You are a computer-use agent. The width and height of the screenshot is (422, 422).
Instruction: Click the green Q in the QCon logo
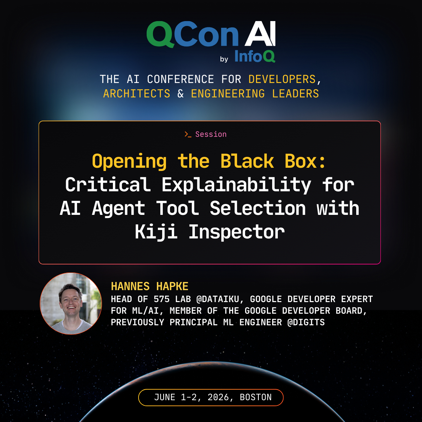[160, 34]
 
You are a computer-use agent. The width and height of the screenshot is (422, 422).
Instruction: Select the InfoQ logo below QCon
[255, 56]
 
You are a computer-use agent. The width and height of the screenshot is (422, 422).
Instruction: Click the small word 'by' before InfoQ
[224, 59]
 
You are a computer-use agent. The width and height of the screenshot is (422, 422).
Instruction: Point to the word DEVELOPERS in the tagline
[282, 79]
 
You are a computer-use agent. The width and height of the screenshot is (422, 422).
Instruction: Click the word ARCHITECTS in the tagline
[137, 94]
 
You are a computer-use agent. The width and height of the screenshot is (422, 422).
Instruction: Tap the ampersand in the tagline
[180, 94]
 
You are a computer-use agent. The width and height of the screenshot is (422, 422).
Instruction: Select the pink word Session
[211, 134]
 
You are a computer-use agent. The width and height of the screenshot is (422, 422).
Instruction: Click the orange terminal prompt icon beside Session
[188, 134]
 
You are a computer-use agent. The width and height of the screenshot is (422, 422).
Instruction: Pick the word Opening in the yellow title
[129, 162]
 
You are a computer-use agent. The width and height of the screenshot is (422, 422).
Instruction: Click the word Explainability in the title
[236, 185]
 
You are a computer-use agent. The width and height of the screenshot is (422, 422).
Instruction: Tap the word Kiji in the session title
[156, 232]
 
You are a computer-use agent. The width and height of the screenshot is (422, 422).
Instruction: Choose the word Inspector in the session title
[237, 232]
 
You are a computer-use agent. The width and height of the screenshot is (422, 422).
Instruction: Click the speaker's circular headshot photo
[71, 303]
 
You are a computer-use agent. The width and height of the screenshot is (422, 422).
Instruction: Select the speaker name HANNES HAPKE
[149, 286]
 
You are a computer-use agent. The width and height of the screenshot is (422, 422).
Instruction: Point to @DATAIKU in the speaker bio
[218, 299]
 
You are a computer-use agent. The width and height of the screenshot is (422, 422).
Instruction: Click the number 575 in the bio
[162, 299]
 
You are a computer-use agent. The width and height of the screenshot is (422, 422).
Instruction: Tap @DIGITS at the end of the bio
[306, 322]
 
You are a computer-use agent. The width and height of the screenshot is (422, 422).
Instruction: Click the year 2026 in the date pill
[218, 397]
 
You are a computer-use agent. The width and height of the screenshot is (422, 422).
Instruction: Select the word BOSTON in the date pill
[256, 397]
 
